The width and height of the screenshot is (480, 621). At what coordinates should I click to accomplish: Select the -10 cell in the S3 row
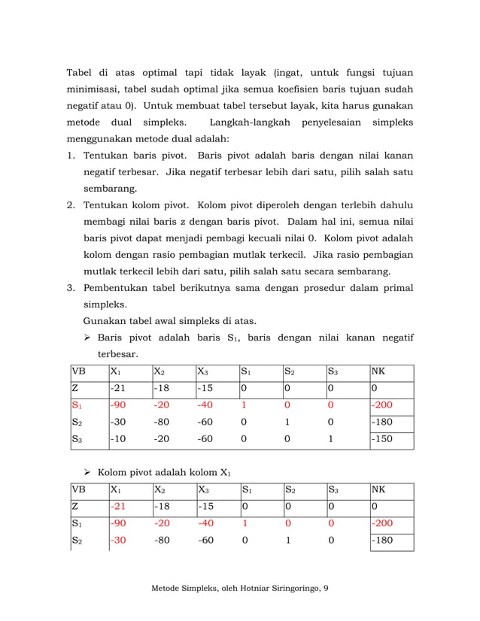(x=117, y=438)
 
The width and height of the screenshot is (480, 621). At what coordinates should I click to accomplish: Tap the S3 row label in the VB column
(x=77, y=438)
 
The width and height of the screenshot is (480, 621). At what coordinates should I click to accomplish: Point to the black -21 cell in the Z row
(x=117, y=389)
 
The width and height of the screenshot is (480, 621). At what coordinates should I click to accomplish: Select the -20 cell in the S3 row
(x=160, y=438)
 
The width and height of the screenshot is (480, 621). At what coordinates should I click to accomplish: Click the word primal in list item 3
(x=396, y=287)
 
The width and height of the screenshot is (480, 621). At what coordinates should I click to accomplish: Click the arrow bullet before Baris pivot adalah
(x=87, y=338)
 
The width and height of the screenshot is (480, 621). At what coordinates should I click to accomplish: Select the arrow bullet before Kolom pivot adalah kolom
(x=87, y=472)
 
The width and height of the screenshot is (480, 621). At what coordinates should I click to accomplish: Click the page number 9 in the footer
(x=325, y=588)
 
